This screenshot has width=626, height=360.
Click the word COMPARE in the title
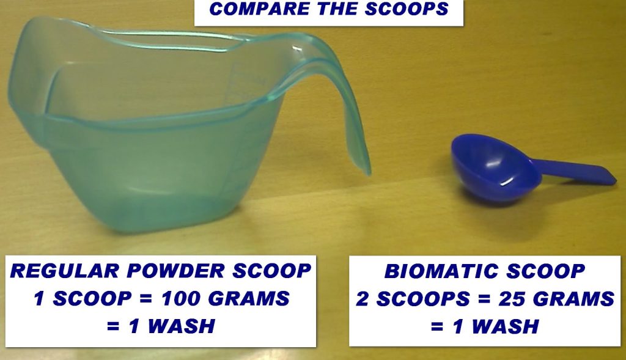[x=259, y=9]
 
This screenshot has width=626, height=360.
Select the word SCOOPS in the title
[x=407, y=9]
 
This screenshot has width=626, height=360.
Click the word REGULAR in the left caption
[x=64, y=271]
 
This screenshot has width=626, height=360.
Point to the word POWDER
[x=175, y=271]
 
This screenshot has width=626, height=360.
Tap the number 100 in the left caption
[x=181, y=298]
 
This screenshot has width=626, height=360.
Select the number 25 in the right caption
[x=511, y=299]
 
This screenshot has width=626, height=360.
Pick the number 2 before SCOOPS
[x=363, y=299]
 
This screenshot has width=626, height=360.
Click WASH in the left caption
[x=181, y=326]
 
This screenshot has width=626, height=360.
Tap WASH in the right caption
[x=505, y=326]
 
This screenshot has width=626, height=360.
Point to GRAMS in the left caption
[x=249, y=298]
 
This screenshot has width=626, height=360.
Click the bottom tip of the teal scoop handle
[x=367, y=173]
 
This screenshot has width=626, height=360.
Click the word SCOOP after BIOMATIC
[x=546, y=271]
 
